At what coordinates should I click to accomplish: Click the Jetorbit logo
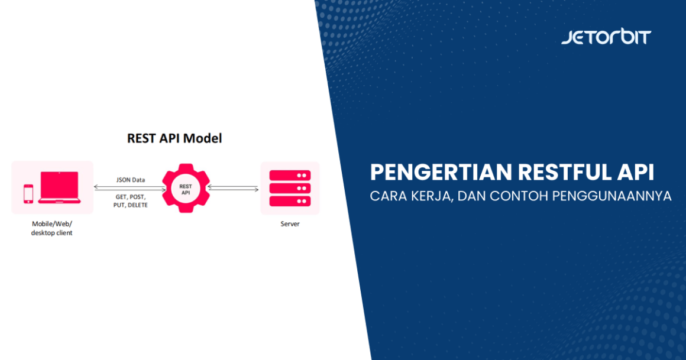click(606, 37)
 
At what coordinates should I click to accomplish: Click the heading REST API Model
click(174, 138)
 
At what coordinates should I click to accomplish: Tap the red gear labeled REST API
click(186, 188)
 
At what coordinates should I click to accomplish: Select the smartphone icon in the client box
click(28, 193)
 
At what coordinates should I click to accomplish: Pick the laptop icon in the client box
click(59, 187)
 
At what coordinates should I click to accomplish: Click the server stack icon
click(290, 188)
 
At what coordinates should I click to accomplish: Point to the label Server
click(290, 224)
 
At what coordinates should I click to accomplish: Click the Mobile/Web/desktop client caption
click(52, 228)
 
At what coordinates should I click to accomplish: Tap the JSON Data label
click(130, 180)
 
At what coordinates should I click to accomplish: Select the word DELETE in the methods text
click(138, 205)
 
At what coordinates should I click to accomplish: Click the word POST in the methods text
click(137, 196)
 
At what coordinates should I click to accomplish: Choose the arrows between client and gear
click(127, 188)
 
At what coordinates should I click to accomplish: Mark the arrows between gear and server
click(232, 188)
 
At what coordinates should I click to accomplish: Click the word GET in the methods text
click(121, 196)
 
